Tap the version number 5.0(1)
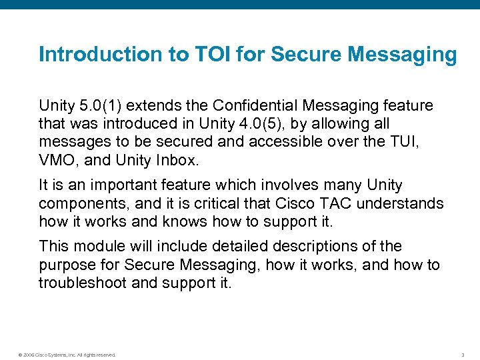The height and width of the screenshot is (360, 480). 99,105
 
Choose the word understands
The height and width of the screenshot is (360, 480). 400,203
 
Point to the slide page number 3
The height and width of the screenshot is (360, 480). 463,355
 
